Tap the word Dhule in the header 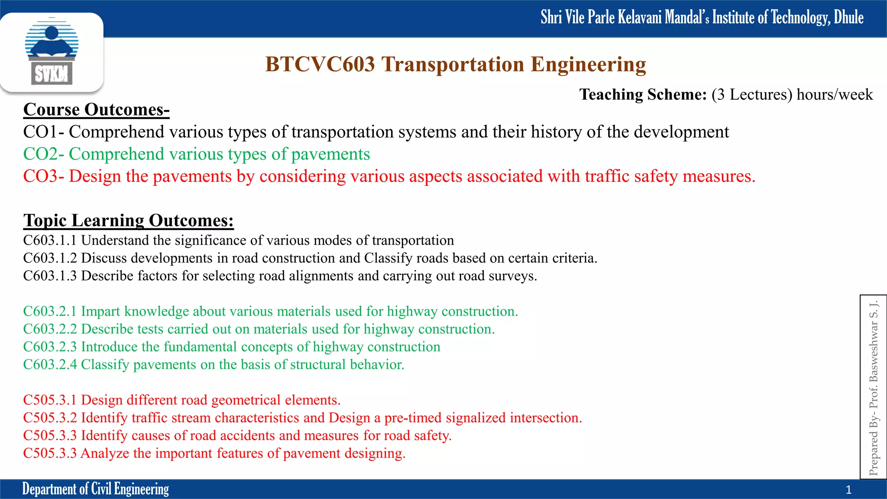pos(848,17)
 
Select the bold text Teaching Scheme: pos(643,94)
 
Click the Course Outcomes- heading pos(96,110)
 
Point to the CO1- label pos(43,132)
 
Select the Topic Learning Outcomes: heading pos(129,220)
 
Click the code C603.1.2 pos(50,258)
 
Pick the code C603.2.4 pos(50,365)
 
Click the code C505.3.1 pos(50,400)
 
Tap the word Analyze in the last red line pos(105,453)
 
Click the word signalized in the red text pos(476,418)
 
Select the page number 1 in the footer pos(848,490)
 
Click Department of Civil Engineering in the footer pos(96,489)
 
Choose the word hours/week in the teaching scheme pos(835,94)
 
